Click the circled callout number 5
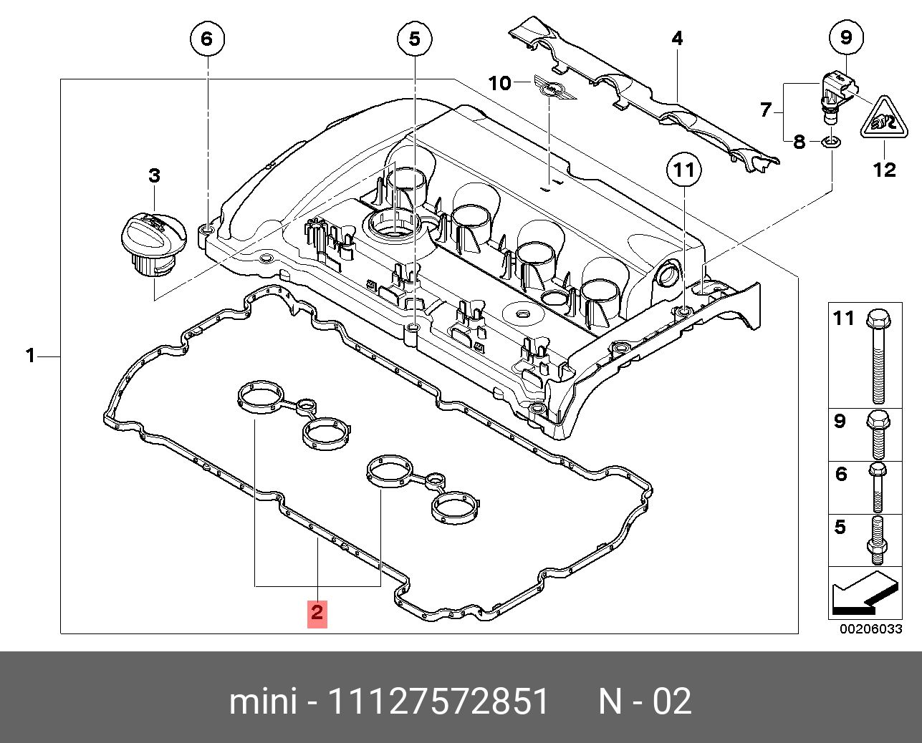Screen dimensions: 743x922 coord(414,39)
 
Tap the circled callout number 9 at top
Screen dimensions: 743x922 coord(846,37)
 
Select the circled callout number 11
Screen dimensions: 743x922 coord(684,170)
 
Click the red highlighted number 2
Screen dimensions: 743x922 coord(317,613)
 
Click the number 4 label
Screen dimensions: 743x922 coord(677,39)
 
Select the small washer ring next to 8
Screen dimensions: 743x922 coord(830,142)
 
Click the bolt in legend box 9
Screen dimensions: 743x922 coord(878,434)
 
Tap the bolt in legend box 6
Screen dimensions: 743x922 coord(878,487)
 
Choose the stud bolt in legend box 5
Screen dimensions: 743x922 coord(878,541)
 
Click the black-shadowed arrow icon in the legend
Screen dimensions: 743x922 coord(863,593)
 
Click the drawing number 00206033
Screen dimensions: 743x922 coord(870,629)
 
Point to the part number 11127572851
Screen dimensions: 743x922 coord(438,701)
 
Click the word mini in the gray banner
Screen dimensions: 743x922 coord(262,701)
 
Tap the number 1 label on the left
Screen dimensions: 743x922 coord(30,355)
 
